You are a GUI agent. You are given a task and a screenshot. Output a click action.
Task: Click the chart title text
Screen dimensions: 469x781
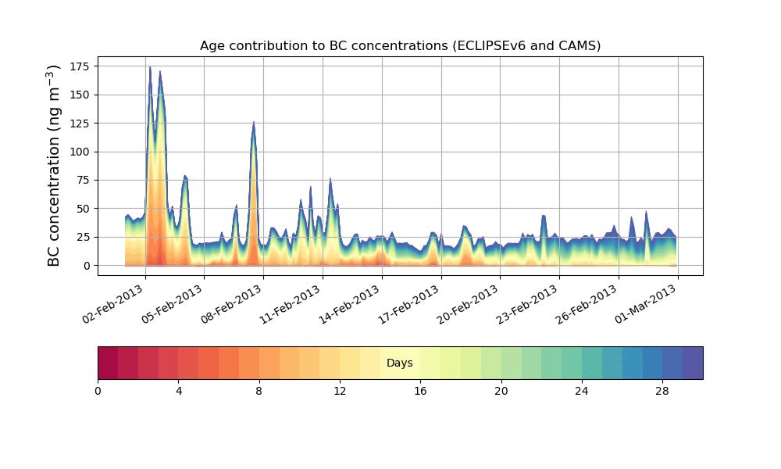400,45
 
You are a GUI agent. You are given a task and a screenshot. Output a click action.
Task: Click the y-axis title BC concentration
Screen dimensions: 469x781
54,166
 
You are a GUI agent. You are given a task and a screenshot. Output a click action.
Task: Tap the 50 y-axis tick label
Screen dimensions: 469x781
84,209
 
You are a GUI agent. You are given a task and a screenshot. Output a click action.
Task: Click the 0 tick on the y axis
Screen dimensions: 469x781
87,266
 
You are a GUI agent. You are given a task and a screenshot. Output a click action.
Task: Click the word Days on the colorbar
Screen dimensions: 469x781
400,363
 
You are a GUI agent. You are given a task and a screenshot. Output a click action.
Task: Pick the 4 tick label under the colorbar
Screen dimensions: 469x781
178,391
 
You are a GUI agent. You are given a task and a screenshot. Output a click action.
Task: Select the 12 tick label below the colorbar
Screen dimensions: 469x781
340,391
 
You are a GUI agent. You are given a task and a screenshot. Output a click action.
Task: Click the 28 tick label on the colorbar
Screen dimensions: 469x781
662,391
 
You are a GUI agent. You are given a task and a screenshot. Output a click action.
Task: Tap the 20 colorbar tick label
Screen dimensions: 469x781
501,391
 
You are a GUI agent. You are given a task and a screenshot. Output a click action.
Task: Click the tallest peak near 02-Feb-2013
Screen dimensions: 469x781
150,67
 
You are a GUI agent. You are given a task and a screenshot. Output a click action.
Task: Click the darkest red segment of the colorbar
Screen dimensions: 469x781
108,363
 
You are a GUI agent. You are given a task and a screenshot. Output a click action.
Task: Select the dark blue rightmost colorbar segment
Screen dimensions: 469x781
693,363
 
